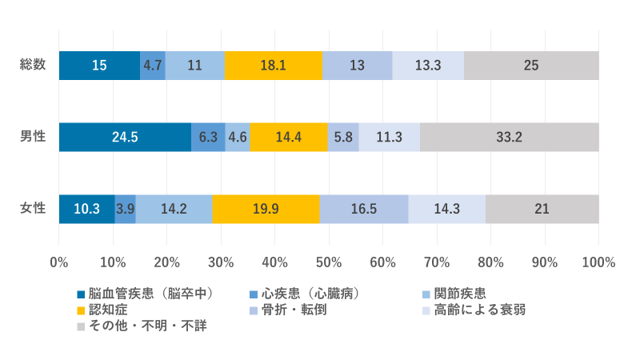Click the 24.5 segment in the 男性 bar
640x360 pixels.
[125, 137]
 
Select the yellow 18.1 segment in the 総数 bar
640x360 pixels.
[274, 65]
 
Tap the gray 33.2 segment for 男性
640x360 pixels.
[509, 137]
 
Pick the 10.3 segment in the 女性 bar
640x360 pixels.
[86, 209]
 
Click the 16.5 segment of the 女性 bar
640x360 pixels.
[363, 209]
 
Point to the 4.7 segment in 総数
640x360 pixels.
[153, 65]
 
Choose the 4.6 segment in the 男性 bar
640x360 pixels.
[238, 137]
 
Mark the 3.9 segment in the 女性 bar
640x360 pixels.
[125, 209]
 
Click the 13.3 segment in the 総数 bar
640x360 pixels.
[428, 65]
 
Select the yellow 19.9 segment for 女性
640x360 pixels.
[266, 209]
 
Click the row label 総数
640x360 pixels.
[33, 65]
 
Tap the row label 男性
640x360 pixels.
[33, 137]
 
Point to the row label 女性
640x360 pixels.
[33, 209]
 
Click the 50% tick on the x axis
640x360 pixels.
[329, 262]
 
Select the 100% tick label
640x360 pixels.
[598, 262]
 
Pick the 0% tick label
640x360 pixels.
[59, 262]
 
